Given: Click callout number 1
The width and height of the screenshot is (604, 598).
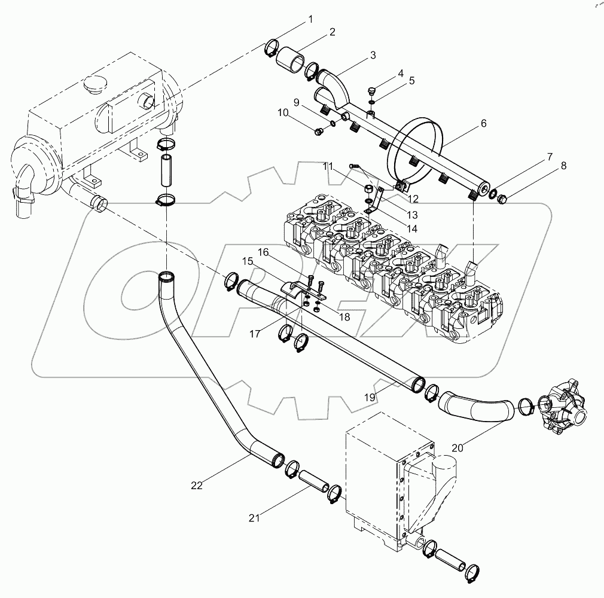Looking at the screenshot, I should tap(310, 20).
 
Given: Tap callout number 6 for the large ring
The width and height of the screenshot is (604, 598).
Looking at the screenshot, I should tap(483, 124).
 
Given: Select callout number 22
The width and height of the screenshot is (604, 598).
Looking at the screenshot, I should tap(197, 486).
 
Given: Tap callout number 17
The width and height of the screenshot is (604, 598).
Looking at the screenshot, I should tap(255, 334).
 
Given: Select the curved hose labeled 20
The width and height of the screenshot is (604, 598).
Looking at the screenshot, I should tap(475, 408).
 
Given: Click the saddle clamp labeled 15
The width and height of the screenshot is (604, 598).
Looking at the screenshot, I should tap(295, 289).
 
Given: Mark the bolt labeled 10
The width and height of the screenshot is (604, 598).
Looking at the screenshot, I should tap(318, 130).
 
